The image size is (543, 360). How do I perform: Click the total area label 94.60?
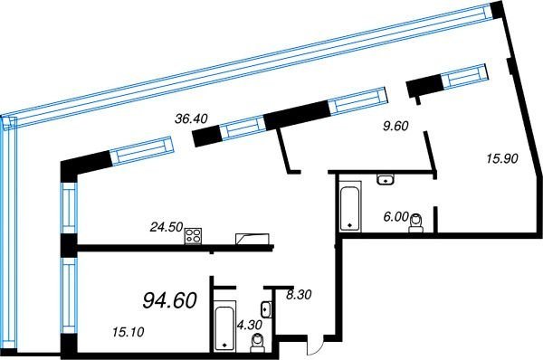point(170,299)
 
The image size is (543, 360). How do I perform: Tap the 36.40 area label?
point(191,118)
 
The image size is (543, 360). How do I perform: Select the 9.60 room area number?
point(395,126)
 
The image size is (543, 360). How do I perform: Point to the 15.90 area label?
point(502,158)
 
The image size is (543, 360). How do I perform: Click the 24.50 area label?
point(167,227)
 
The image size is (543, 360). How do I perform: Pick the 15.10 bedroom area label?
point(129,332)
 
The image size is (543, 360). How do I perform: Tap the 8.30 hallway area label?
point(299,295)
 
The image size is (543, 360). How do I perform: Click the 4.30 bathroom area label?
point(250,325)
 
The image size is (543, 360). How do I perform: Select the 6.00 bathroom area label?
point(395,217)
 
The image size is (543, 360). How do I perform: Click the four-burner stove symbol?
point(194,236)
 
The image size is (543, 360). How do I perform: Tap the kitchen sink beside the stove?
point(252,239)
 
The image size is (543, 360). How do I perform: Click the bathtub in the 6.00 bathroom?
point(350,206)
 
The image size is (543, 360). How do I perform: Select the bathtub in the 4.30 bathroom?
point(224,326)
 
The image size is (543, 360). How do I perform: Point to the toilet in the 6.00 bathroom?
point(416,223)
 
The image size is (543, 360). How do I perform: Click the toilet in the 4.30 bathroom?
point(257,343)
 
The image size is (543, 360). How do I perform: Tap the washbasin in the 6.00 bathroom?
point(386,179)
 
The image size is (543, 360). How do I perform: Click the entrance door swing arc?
point(316,346)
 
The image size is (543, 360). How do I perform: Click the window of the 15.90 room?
point(466,77)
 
